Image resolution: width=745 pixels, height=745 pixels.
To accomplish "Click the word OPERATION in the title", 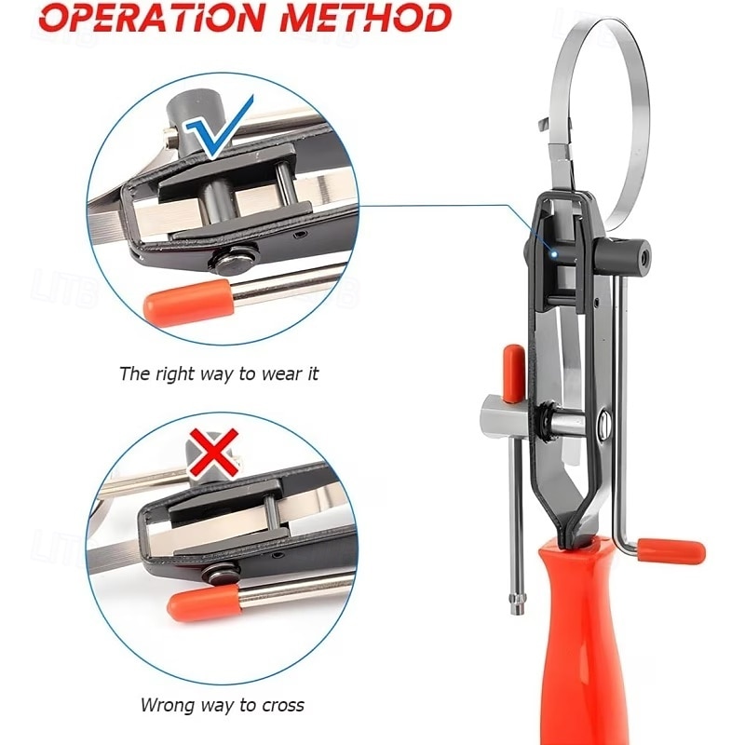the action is [152, 18].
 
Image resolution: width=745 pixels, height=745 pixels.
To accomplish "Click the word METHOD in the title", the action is [365, 18].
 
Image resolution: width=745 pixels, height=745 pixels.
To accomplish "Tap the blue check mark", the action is [220, 128].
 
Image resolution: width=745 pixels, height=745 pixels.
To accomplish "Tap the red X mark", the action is [214, 453].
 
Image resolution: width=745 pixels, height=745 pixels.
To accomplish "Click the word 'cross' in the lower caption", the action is [283, 705].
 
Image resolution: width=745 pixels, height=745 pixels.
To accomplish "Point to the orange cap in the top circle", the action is [188, 300].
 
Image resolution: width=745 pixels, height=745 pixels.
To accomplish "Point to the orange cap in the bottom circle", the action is [205, 603].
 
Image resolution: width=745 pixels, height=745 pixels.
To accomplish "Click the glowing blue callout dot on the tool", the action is [554, 254].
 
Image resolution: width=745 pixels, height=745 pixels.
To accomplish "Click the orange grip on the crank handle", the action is [671, 551].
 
